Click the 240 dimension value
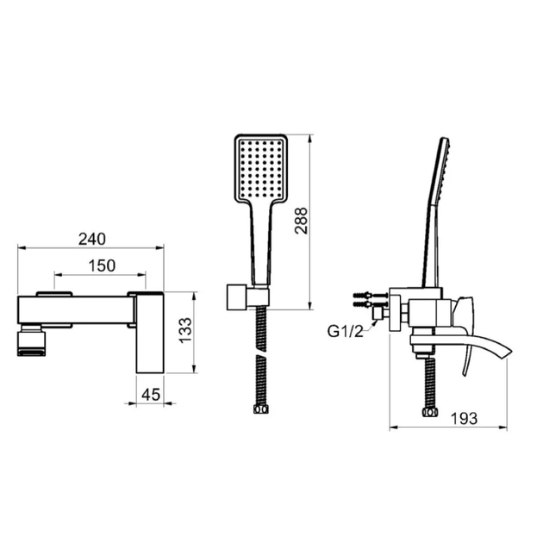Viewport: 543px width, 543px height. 91,239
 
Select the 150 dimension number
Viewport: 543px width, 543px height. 102,266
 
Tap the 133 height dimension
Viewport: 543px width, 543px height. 185,330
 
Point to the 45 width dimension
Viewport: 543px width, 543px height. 151,395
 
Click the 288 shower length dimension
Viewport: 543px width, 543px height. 301,221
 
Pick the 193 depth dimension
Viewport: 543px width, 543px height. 464,419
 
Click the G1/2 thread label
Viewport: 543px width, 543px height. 346,332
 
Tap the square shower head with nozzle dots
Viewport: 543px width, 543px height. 261,169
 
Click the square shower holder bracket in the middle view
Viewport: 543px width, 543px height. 237,297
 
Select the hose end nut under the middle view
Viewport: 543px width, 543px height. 261,409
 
